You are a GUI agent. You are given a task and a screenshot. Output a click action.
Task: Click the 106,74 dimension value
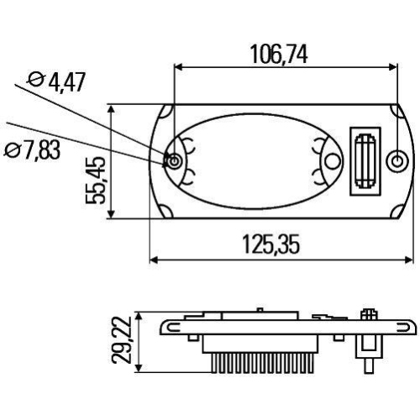point(279,55)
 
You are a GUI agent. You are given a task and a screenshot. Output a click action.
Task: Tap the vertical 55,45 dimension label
point(97,181)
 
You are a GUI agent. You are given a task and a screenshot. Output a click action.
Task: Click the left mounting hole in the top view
point(174,160)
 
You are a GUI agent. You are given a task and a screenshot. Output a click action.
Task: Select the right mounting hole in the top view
point(397,160)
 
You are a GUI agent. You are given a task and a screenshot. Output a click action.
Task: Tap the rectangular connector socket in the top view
point(365,160)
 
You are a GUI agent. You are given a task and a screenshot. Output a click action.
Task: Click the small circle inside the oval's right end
point(330,160)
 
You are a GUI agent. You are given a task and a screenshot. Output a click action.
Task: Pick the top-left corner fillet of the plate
point(167,112)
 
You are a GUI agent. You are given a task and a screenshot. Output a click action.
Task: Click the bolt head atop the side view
point(367,315)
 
